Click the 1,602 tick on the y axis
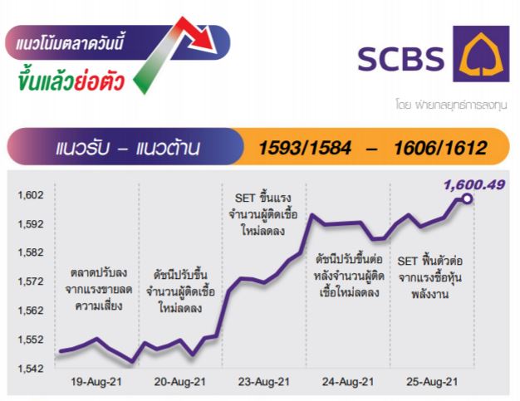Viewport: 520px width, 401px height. (x=31, y=195)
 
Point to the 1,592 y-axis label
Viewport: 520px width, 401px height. (x=31, y=224)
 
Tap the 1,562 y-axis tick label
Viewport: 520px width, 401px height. (x=31, y=311)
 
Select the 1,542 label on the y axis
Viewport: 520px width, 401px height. (x=31, y=368)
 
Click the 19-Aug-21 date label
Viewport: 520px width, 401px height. (x=96, y=382)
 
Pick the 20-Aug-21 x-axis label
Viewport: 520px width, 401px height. (x=179, y=382)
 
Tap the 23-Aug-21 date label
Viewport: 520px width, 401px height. (x=263, y=382)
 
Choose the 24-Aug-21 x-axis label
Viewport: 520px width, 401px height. (x=348, y=382)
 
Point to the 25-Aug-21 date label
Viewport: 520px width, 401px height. (x=432, y=382)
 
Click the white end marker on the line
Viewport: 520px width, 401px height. (x=468, y=199)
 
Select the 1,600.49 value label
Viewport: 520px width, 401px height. (x=474, y=184)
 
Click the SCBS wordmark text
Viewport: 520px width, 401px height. (x=400, y=59)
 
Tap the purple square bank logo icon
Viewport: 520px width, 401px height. (x=481, y=54)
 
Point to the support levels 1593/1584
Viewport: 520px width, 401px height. (x=304, y=148)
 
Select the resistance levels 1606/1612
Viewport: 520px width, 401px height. (x=440, y=148)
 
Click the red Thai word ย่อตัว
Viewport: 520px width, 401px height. (x=99, y=82)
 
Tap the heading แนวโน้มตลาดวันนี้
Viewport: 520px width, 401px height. (x=70, y=42)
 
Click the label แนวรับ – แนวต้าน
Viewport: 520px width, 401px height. (x=128, y=148)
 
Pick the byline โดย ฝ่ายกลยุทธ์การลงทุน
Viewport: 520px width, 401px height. (x=451, y=105)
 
